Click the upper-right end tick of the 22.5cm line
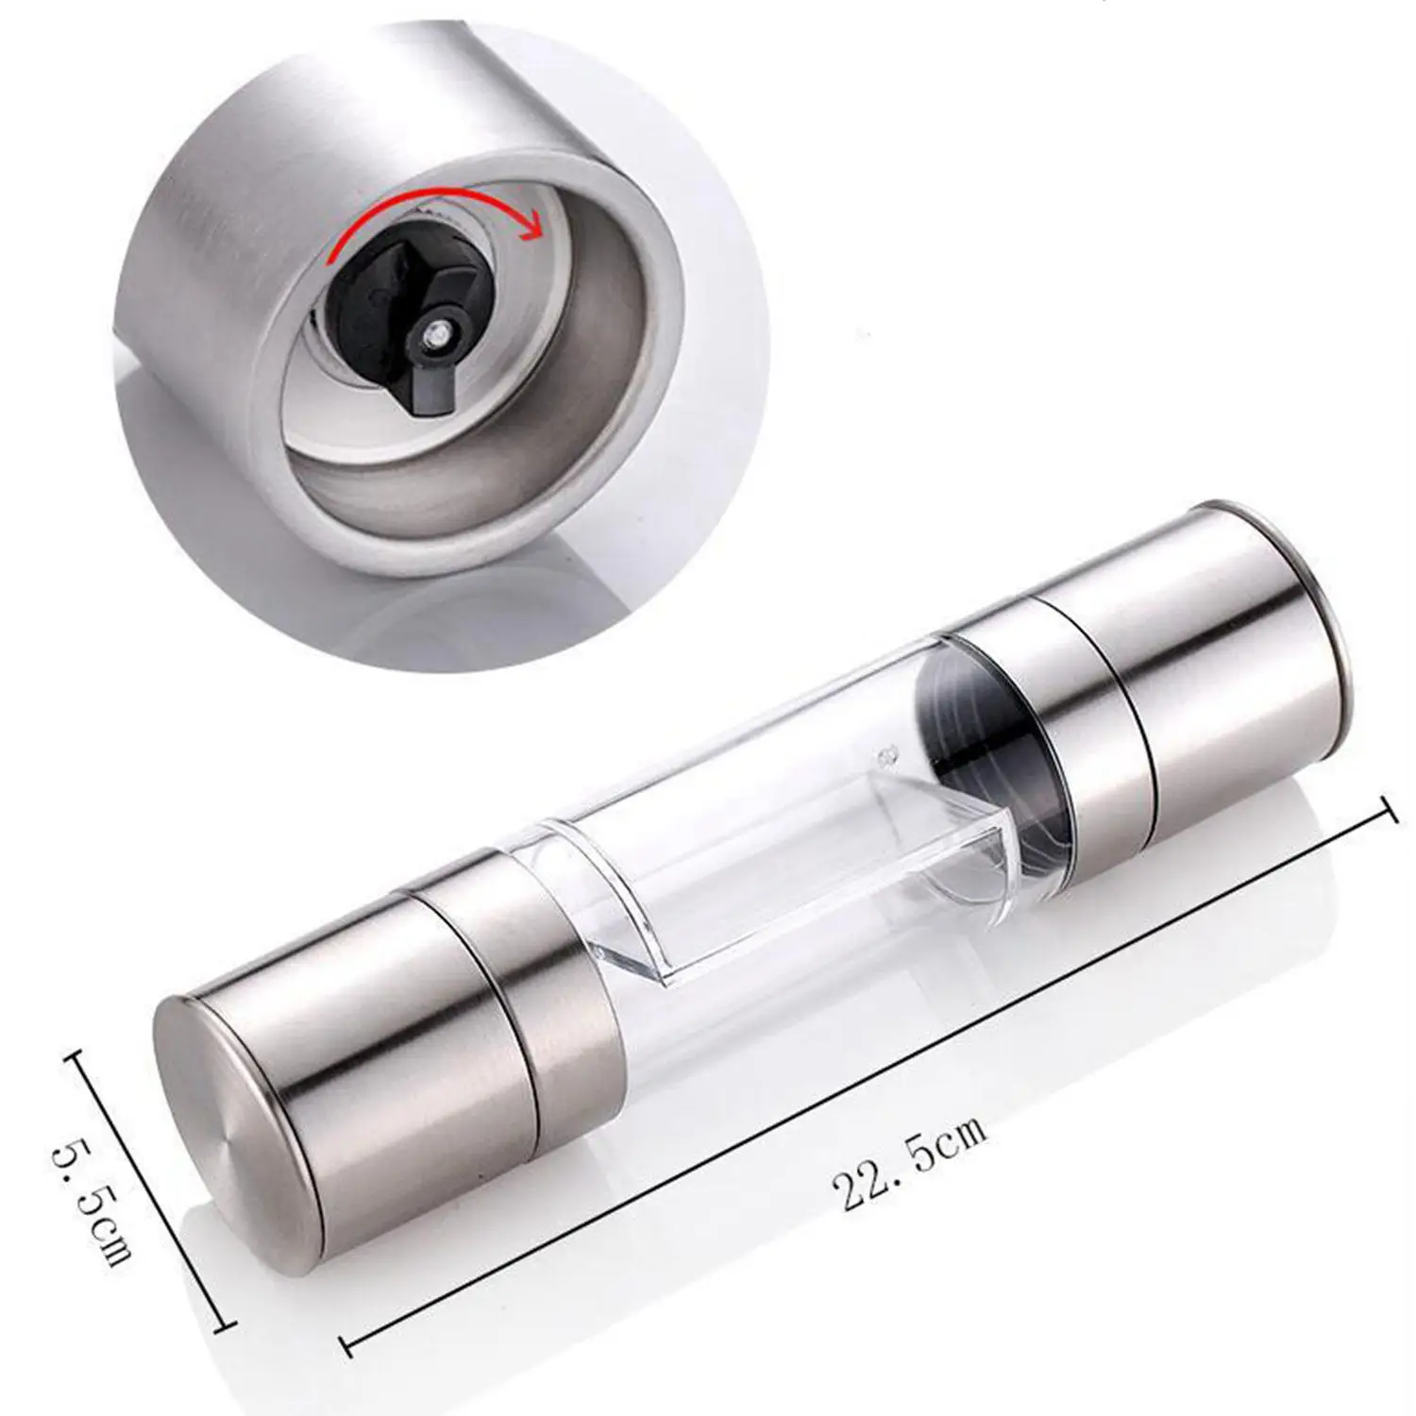(1388, 811)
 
